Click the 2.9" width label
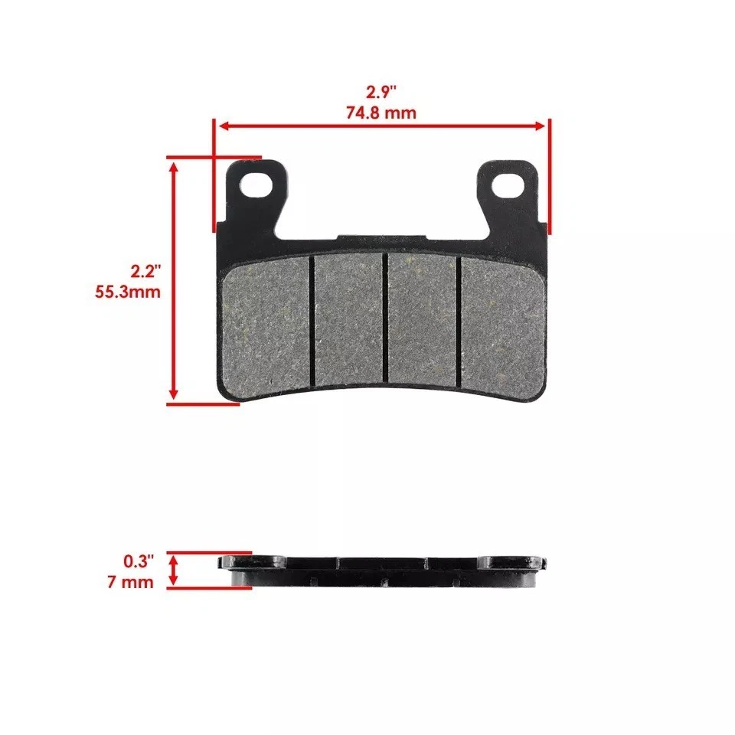[380, 93]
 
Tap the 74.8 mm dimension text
[380, 113]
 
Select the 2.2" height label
[145, 272]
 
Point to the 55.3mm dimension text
[126, 292]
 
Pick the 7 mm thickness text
[132, 582]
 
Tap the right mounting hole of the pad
[507, 184]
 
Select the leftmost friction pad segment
[265, 325]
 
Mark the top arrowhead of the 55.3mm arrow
[175, 165]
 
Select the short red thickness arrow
[175, 570]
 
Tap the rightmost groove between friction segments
[459, 322]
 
